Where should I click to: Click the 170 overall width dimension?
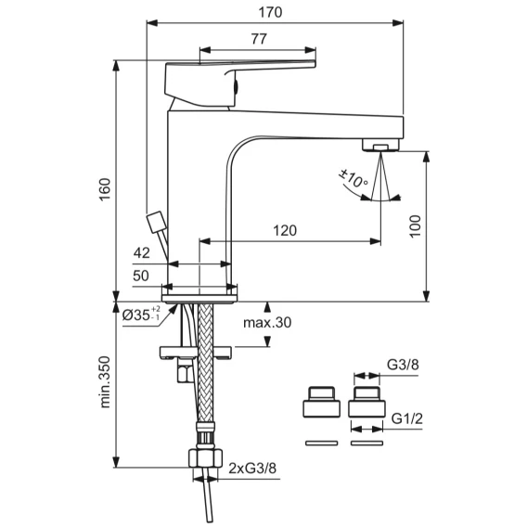(x=270, y=12)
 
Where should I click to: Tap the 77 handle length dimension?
(x=259, y=39)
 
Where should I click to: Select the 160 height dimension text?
(x=105, y=189)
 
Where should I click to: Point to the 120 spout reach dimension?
(x=285, y=230)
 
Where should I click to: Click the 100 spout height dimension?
(x=416, y=226)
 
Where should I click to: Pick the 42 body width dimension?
(x=142, y=252)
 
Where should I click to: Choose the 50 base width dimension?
(x=141, y=276)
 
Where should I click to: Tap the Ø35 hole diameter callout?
(x=142, y=314)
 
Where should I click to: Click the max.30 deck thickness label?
(x=267, y=323)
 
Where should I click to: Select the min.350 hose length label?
(x=105, y=382)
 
